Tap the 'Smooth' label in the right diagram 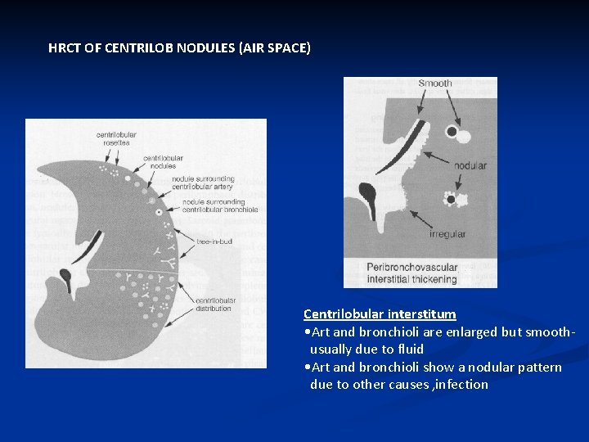point(434,83)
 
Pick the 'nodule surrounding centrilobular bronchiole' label point(220,205)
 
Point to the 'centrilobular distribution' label point(214,305)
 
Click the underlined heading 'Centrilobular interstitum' point(380,314)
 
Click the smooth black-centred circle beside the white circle point(451,131)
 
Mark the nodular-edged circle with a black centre point(449,199)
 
